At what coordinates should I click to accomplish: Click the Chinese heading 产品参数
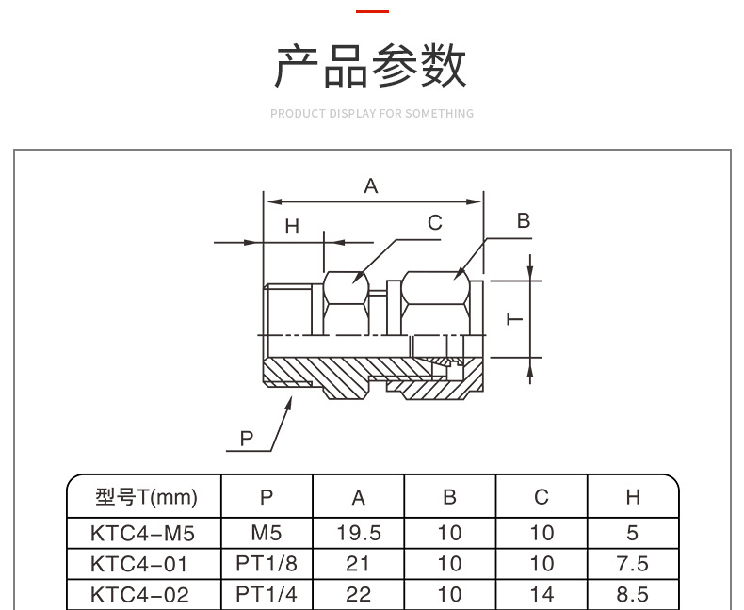coord(371,67)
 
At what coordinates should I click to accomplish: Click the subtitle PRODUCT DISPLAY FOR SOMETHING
coord(372,114)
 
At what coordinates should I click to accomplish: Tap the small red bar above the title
coord(372,11)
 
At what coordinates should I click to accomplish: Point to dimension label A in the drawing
coord(371,186)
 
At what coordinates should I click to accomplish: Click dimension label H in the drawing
coord(292,226)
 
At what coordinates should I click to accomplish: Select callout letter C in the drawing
coord(435,223)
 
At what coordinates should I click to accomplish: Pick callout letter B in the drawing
coord(524,221)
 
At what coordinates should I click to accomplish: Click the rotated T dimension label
coord(515,319)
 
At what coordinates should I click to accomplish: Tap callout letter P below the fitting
coord(247,438)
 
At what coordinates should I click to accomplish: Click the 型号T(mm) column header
coord(145,497)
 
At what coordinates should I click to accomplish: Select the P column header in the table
coord(267,497)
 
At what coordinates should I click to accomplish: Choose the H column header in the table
coord(633,497)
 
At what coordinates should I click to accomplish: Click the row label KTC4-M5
coord(142,533)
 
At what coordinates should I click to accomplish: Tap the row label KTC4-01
coord(139,564)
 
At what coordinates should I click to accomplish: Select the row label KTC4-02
coord(139,595)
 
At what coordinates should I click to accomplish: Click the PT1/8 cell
coord(267,564)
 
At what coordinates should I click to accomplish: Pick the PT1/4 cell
coord(267,595)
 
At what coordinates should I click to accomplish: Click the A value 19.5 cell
coord(359,533)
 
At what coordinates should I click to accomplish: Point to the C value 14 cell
coord(542,595)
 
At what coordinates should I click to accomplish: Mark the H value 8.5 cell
coord(633,595)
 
